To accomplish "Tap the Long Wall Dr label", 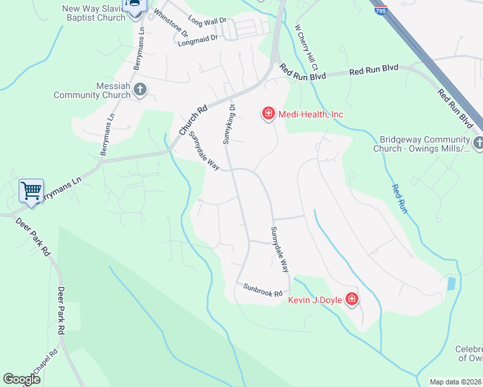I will pos(207,21).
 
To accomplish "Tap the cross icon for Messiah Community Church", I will pos(140,90).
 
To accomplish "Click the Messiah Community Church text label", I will pos(92,90).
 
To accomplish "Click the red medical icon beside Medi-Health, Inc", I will pos(268,114).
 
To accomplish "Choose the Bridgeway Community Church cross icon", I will pos(478,143).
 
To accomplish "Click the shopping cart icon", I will pos(31,191).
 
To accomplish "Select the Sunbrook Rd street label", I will pos(263,289).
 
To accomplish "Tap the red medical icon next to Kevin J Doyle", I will pos(352,299).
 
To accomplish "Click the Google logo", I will pos(21,379).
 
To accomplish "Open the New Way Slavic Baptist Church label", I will pos(93,13).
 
